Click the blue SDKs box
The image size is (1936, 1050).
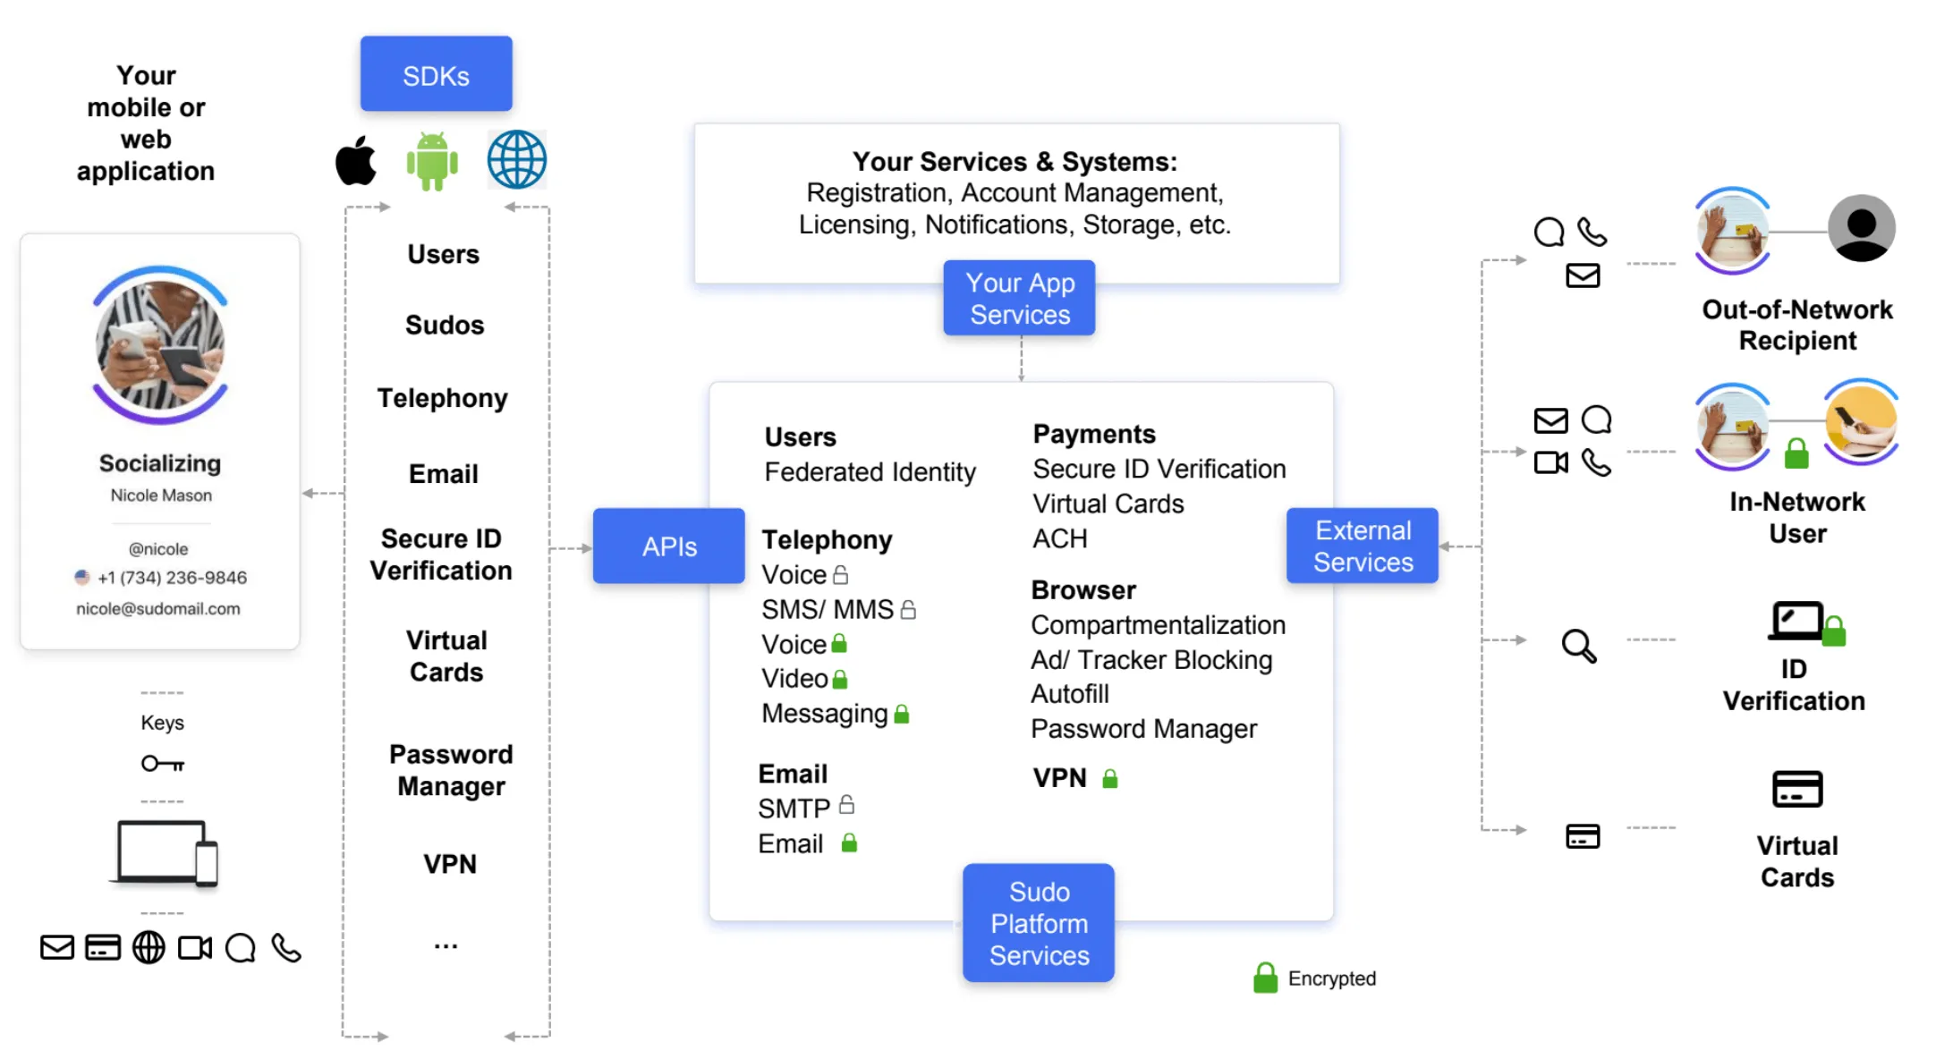coord(436,74)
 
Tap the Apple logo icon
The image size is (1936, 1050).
coord(356,161)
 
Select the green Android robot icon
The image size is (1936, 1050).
coord(432,161)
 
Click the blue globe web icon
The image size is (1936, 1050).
coord(516,160)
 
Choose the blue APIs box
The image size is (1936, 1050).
coord(668,546)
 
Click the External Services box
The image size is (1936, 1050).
coord(1362,546)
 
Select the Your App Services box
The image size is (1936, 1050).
coord(1019,299)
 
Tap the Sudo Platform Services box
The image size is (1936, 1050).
coord(1039,923)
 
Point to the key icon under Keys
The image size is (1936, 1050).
coord(163,764)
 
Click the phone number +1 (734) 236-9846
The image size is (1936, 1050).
coord(172,578)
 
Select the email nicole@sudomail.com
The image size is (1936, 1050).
coord(158,609)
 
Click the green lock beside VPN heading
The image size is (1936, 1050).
coord(1110,779)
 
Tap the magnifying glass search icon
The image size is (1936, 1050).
coord(1579,646)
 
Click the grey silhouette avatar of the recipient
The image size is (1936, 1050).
coord(1861,229)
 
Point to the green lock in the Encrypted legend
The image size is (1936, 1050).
coord(1265,978)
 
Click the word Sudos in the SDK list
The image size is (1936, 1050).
coord(445,325)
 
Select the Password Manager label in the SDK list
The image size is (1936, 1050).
coord(451,770)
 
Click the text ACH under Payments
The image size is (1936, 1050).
coord(1060,539)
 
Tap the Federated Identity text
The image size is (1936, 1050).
coord(870,472)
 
